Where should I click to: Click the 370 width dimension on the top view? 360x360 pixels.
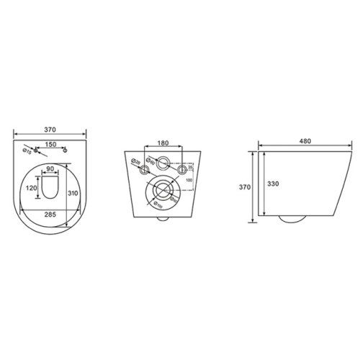(50, 130)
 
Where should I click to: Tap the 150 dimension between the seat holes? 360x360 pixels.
(50, 144)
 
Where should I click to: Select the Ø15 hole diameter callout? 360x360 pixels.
(27, 151)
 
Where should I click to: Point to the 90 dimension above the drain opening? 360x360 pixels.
(50, 170)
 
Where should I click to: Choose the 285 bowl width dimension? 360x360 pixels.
(49, 215)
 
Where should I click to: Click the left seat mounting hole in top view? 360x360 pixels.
(36, 151)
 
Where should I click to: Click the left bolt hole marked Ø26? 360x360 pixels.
(145, 170)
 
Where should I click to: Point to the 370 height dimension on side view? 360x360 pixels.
(246, 186)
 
